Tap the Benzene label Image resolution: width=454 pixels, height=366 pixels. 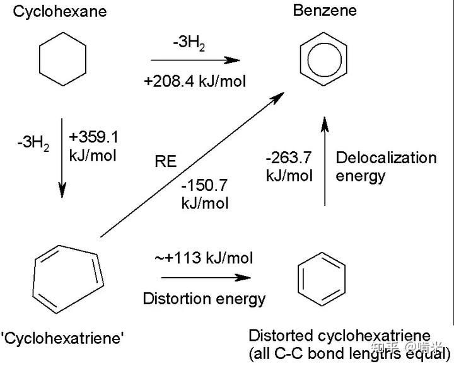pos(325,10)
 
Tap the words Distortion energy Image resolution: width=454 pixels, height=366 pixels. pos(204,298)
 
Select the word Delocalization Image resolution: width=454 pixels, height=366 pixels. pos(386,157)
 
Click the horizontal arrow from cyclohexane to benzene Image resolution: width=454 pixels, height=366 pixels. pos(195,60)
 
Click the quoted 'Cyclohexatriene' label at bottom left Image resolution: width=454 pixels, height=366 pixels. pos(63,338)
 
